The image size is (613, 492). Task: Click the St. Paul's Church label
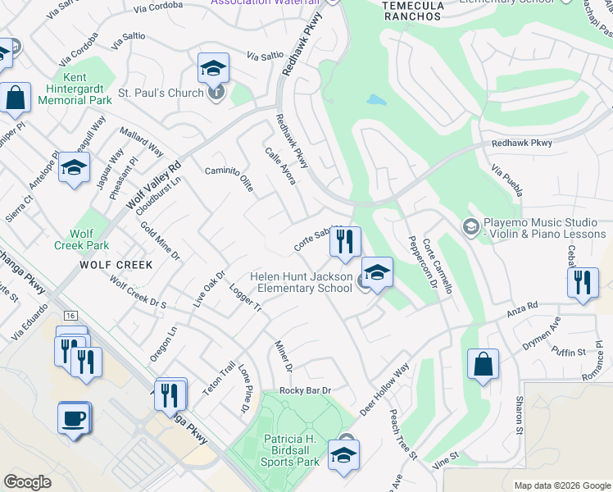[161, 93]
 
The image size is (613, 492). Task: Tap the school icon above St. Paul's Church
[213, 69]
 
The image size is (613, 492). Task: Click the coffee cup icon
[74, 418]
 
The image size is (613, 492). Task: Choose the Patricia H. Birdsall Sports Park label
[291, 450]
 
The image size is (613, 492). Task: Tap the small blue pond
[376, 101]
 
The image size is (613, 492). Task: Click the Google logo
[27, 482]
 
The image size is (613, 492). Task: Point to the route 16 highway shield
[71, 316]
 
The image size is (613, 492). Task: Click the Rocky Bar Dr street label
[304, 391]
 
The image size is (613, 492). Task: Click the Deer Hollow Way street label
[384, 388]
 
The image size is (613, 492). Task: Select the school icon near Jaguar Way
[75, 168]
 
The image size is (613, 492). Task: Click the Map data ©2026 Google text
[562, 485]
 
